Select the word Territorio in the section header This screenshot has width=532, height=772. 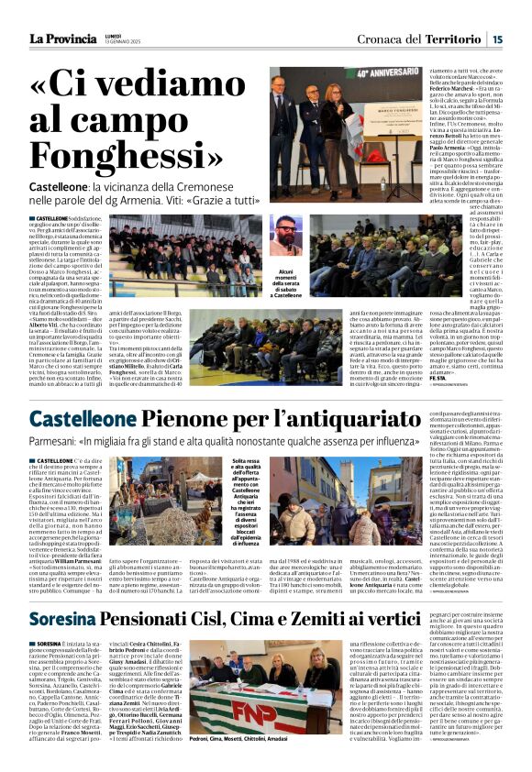[454, 39]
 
